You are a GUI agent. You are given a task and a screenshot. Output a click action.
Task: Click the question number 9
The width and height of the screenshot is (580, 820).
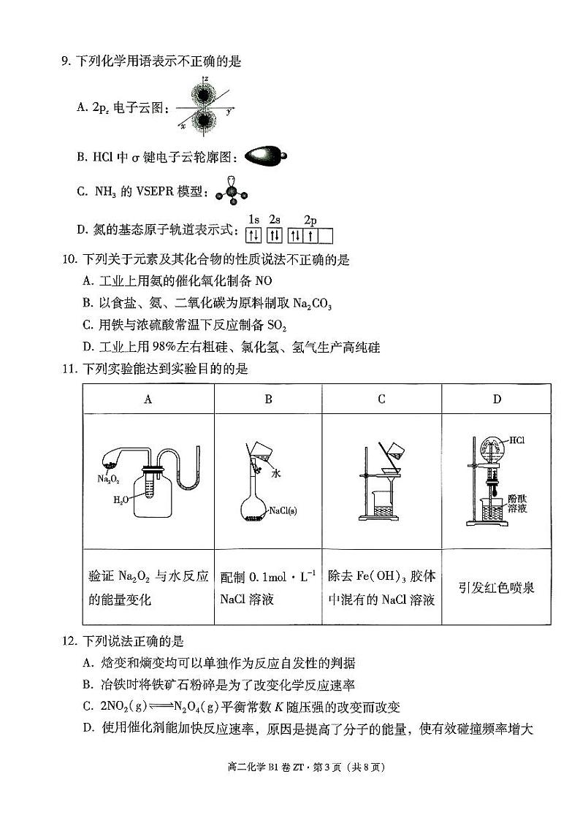[x=65, y=62]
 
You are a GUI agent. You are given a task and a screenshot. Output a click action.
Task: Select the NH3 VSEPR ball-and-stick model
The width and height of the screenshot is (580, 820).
[x=232, y=191]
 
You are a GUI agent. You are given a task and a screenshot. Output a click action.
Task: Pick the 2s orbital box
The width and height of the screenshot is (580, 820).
[x=275, y=235]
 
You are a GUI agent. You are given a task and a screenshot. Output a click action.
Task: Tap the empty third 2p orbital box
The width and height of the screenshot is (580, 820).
[x=326, y=235]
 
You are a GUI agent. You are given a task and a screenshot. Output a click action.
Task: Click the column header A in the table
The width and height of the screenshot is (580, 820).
[x=148, y=399]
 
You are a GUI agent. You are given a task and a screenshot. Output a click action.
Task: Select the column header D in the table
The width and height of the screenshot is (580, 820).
[x=496, y=399]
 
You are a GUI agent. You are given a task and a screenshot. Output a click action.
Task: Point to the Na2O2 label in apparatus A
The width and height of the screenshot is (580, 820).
[x=107, y=478]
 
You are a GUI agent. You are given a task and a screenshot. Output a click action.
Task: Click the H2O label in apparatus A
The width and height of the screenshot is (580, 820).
[x=121, y=500]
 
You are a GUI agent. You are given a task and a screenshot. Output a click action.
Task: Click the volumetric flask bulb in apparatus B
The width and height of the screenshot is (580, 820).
[x=254, y=510]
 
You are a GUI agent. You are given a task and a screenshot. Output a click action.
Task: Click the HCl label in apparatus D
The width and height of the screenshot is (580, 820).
[x=517, y=440]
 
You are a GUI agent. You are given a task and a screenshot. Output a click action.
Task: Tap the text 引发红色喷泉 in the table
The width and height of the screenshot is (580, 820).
[x=496, y=587]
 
